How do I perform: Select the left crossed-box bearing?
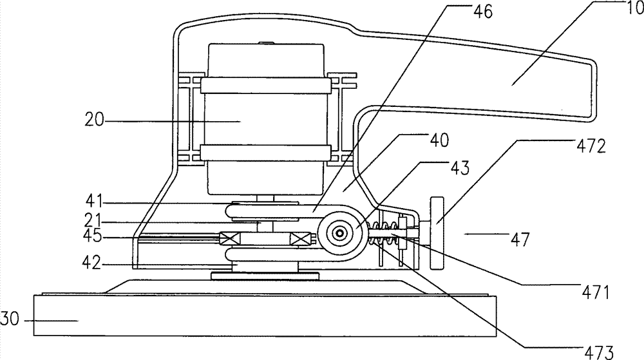point(229,238)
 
